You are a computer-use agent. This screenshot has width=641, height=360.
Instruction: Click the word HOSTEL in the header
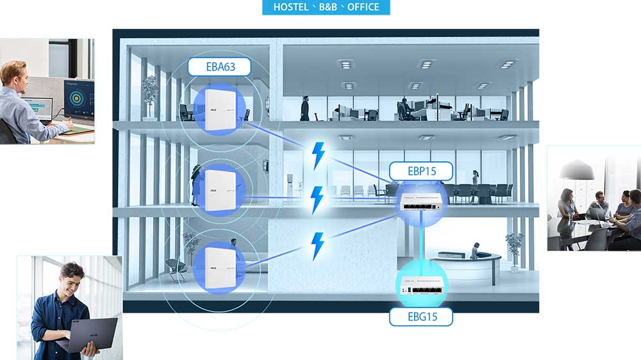tap(290, 8)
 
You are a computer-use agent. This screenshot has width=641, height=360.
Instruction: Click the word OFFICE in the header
tap(363, 8)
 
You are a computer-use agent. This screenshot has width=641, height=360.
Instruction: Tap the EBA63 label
tap(219, 66)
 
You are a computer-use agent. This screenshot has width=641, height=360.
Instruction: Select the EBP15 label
tap(421, 171)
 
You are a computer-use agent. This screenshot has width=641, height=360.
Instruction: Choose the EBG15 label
tap(421, 316)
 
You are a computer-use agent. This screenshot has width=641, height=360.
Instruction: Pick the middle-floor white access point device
tap(219, 188)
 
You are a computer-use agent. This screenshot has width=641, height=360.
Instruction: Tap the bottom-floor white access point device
tap(219, 266)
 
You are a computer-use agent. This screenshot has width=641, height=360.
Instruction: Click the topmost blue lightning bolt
tap(318, 155)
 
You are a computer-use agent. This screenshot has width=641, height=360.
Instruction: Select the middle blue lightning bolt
tap(317, 200)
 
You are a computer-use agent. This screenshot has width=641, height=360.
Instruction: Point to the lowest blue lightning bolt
tap(317, 245)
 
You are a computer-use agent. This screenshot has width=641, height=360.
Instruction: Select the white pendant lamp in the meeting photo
tap(577, 169)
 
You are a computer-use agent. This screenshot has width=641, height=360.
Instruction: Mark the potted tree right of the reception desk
tap(514, 247)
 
